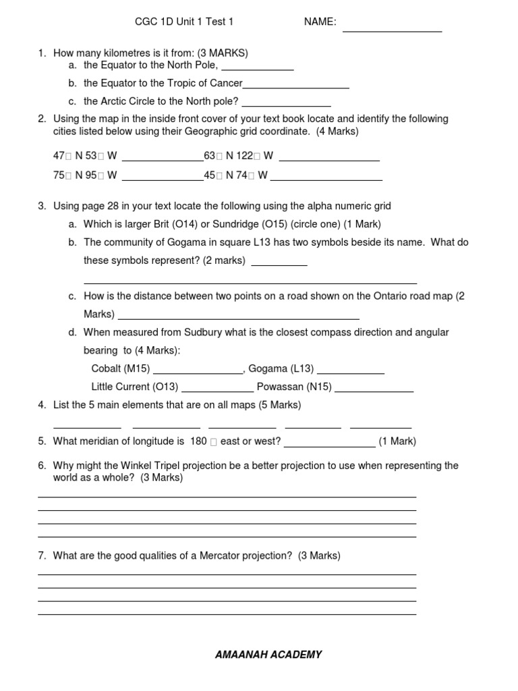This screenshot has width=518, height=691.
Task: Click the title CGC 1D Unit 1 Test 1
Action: coord(184,22)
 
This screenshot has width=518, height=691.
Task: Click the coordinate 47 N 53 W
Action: coord(85,156)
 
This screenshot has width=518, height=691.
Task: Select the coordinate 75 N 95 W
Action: coord(85,175)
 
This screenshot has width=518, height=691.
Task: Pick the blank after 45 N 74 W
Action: coord(326,179)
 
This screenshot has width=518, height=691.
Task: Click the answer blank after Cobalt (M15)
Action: coord(198,372)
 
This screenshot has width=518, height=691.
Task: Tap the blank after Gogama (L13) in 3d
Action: coord(350,372)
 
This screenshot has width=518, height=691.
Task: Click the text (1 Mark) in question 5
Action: coord(397,441)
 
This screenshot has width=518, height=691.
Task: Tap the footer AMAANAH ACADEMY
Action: coord(268,655)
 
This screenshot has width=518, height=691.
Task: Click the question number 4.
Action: coord(42,405)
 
